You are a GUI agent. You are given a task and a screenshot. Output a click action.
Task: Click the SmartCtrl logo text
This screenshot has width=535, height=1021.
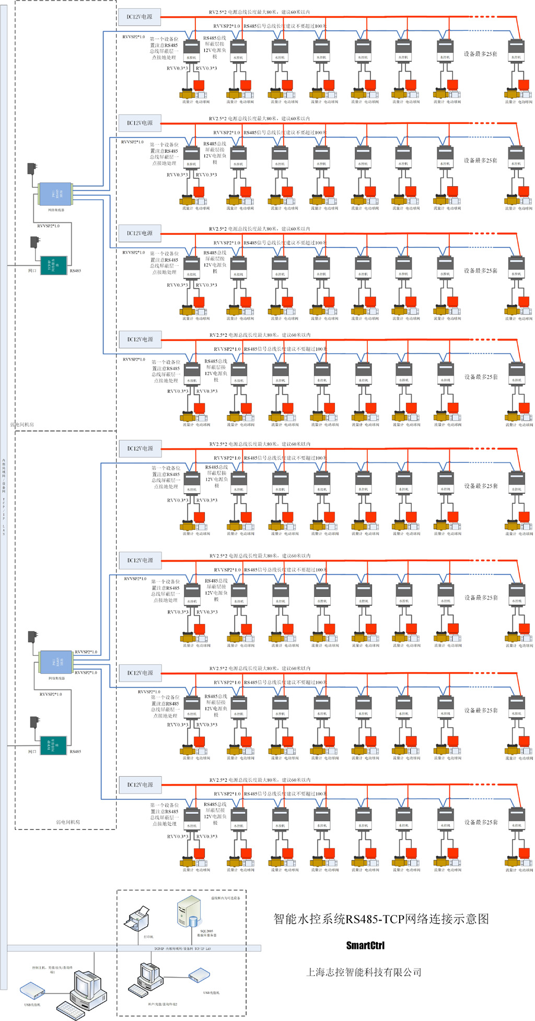365,945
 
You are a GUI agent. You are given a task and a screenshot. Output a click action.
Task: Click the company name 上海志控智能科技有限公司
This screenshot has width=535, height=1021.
364,972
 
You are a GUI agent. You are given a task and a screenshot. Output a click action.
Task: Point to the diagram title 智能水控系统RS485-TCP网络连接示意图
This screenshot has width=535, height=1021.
381,919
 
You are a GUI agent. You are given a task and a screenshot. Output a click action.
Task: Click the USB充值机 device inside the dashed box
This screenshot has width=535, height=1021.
199,976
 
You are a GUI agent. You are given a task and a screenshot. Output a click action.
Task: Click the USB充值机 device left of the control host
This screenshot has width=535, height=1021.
32,990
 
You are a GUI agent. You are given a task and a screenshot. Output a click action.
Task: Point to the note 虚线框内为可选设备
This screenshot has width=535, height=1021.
225,898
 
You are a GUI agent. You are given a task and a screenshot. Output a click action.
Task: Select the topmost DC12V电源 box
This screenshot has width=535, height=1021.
139,17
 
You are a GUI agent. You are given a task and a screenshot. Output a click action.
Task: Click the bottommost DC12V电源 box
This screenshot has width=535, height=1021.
140,785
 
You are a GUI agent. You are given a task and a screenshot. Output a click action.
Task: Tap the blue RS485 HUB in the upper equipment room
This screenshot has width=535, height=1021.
55,194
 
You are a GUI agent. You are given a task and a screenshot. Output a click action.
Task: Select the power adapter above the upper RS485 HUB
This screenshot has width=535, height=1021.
32,168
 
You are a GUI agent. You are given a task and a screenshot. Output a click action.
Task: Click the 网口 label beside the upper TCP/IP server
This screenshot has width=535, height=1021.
32,271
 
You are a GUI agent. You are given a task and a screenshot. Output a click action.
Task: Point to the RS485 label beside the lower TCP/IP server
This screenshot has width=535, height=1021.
75,752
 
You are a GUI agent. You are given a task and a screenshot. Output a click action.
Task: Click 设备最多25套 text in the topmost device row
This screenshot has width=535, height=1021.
480,54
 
